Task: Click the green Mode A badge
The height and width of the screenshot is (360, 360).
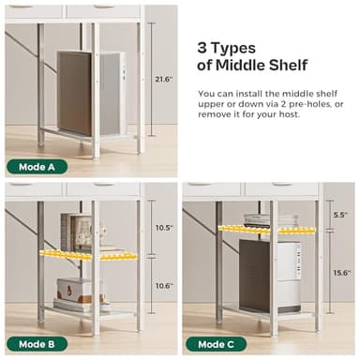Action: (x=37, y=167)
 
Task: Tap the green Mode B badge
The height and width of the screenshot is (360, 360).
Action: (x=37, y=344)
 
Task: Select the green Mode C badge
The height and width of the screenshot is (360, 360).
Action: (x=217, y=344)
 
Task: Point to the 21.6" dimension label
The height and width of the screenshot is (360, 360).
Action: (x=164, y=80)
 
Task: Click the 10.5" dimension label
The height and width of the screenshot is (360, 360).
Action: (x=164, y=228)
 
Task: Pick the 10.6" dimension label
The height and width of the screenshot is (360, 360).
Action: (x=164, y=286)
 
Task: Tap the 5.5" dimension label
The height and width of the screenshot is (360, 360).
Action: (x=340, y=215)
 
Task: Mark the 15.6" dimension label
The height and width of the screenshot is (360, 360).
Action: (x=342, y=273)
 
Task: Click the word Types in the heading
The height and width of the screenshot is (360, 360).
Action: (x=233, y=49)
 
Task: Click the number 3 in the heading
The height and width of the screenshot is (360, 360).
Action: (x=202, y=48)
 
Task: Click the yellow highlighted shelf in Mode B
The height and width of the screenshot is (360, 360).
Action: (x=88, y=255)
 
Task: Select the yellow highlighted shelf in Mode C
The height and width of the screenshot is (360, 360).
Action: (x=266, y=230)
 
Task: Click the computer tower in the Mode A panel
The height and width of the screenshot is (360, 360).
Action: (x=91, y=94)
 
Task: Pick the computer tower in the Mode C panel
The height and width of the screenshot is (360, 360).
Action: (x=270, y=277)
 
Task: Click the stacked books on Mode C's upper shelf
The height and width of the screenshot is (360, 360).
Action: (x=271, y=219)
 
